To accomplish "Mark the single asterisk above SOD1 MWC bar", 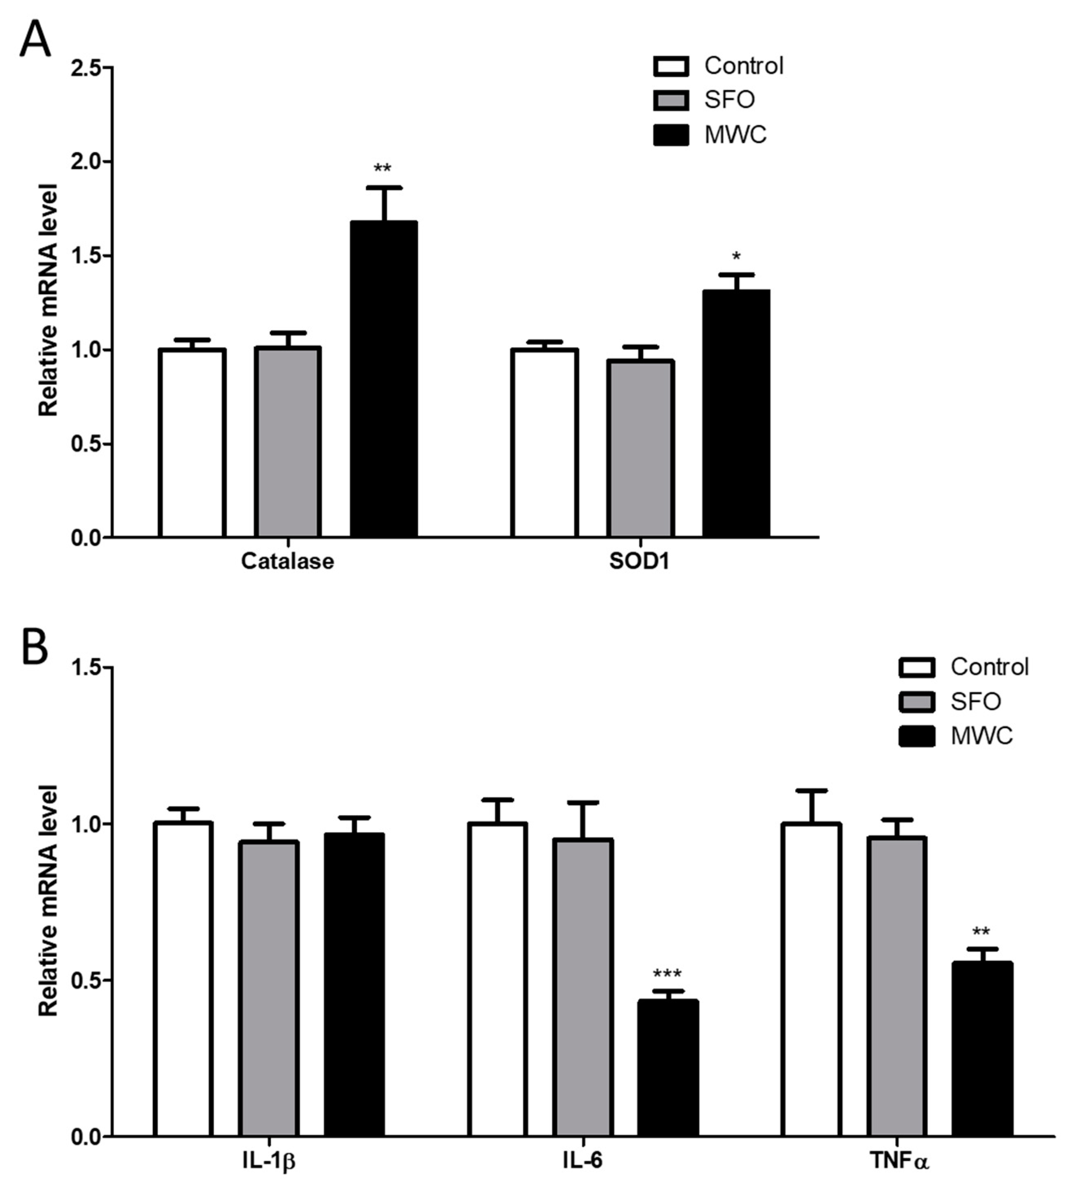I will (x=736, y=257).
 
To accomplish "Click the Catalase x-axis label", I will (x=287, y=561).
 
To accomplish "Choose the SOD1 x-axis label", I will (x=639, y=561).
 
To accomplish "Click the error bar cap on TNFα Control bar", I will (x=811, y=790).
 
